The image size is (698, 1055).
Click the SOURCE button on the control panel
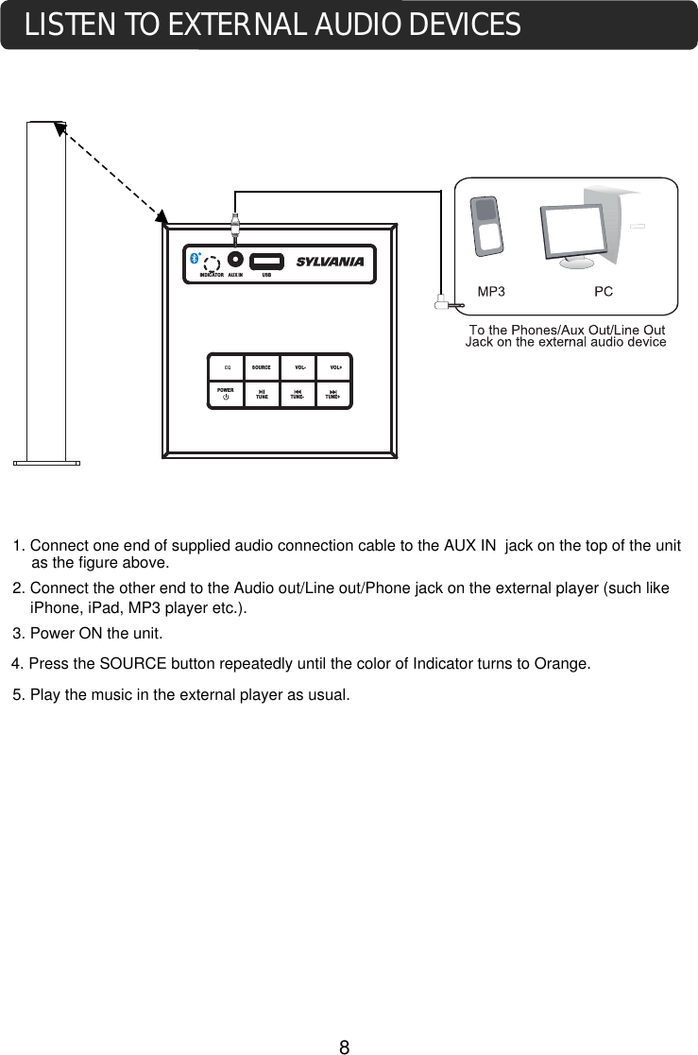pos(262,367)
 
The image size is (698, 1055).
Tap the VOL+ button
pos(335,367)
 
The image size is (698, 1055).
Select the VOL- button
pos(299,367)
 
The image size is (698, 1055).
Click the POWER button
pos(225,394)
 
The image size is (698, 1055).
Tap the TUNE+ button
pos(333,394)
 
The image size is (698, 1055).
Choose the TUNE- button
pos(298,394)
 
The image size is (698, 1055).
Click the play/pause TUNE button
pos(262,394)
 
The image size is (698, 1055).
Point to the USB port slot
pos(266,261)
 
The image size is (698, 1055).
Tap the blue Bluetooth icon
pos(194,258)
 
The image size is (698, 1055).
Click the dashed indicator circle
pos(212,264)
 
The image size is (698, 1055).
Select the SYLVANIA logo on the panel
pos(330,262)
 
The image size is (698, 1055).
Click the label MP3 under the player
pos(491,292)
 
